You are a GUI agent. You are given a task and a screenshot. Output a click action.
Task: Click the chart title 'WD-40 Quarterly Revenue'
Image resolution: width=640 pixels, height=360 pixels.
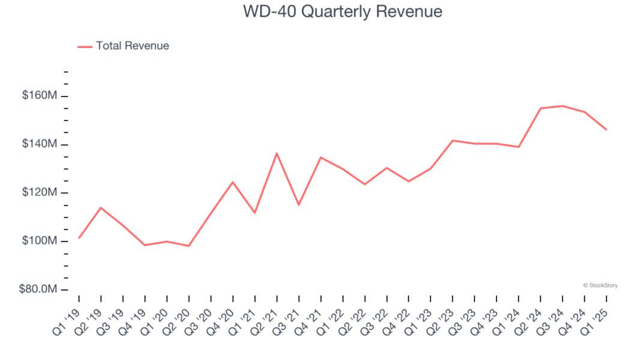pyautogui.click(x=342, y=11)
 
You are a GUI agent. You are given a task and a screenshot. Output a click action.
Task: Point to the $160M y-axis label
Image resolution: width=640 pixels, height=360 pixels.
pyautogui.click(x=40, y=96)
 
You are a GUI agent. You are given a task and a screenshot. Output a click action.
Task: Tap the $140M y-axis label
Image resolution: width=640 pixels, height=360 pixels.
pyautogui.click(x=40, y=145)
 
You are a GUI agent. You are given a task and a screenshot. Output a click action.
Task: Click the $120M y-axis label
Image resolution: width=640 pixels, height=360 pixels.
pyautogui.click(x=40, y=193)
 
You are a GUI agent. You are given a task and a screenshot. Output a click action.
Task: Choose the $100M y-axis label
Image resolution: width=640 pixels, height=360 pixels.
pyautogui.click(x=40, y=241)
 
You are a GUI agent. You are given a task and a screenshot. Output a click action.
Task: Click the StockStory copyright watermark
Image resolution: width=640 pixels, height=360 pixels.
pyautogui.click(x=600, y=286)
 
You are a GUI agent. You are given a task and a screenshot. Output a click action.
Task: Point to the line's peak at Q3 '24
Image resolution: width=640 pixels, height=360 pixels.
pyautogui.click(x=563, y=106)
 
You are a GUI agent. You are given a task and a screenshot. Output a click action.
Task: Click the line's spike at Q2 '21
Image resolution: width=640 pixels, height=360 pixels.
pyautogui.click(x=277, y=153)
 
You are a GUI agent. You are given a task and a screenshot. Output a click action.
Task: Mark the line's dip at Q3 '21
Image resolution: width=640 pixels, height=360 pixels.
pyautogui.click(x=298, y=205)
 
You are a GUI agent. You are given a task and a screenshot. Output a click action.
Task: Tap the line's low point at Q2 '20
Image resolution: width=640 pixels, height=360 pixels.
pyautogui.click(x=189, y=246)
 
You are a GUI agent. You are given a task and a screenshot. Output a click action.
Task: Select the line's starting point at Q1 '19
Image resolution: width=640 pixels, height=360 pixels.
pyautogui.click(x=79, y=238)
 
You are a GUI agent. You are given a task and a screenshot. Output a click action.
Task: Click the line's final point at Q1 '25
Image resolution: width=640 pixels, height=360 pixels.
pyautogui.click(x=606, y=130)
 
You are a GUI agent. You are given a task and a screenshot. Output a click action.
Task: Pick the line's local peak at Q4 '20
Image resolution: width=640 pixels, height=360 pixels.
pyautogui.click(x=232, y=182)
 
